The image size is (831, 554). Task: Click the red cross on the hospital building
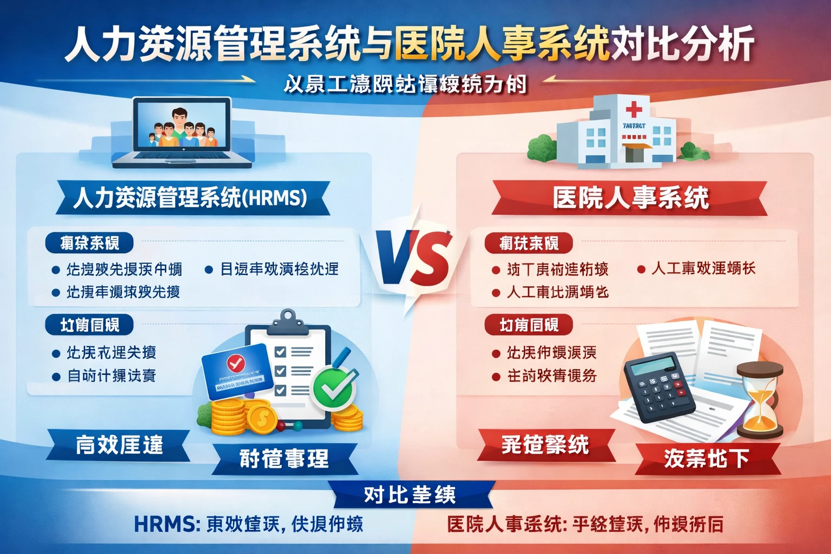[634, 110]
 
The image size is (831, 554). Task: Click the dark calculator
[659, 386]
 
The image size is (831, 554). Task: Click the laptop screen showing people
[181, 126]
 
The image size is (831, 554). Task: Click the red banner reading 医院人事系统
[630, 198]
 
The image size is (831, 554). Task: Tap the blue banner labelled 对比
[410, 494]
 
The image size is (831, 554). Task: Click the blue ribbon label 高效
[119, 445]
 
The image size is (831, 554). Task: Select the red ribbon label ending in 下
[706, 458]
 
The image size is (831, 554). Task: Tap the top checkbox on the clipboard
[280, 352]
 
